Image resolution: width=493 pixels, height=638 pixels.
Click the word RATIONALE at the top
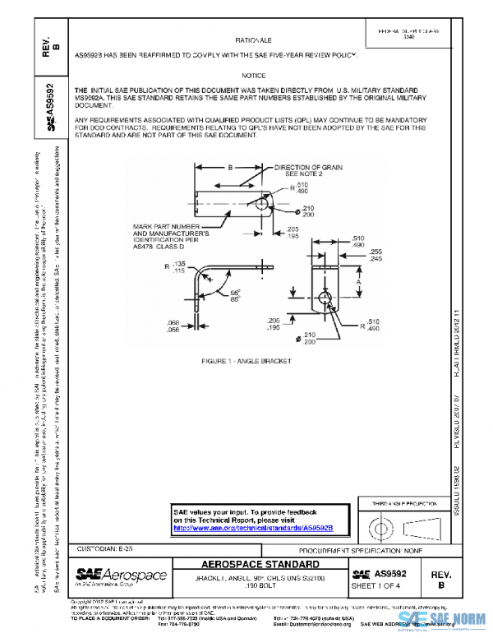(x=259, y=39)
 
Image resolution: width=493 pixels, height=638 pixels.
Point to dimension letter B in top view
(x=231, y=166)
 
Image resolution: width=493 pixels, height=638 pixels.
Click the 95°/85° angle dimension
(x=237, y=295)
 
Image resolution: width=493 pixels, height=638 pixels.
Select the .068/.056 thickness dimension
(x=172, y=326)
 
